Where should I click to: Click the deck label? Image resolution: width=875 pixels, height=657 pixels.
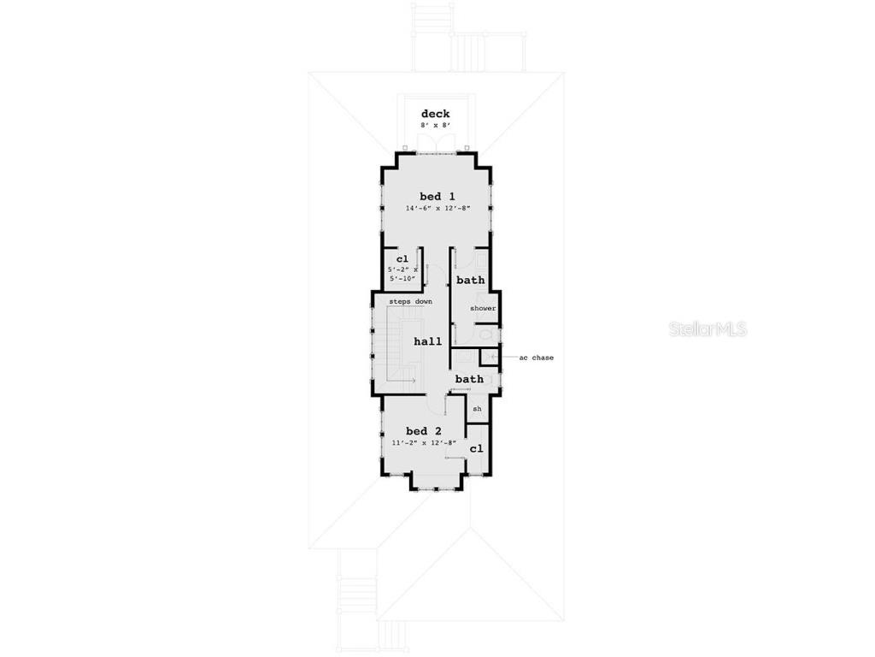(435, 114)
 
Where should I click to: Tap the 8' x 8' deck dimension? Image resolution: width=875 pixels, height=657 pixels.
(435, 126)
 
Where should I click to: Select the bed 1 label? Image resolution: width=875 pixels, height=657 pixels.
(437, 196)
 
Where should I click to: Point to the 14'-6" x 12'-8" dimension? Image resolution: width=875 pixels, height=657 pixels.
(438, 209)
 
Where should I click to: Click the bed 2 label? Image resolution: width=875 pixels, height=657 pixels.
(424, 431)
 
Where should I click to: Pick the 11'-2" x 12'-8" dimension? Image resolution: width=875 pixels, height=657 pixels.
(424, 443)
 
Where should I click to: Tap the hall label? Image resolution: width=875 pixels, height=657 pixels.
(427, 341)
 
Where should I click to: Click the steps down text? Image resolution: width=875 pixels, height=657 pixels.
(411, 302)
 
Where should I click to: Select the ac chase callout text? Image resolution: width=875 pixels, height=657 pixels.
(537, 358)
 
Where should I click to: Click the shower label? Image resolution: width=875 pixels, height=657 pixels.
(483, 308)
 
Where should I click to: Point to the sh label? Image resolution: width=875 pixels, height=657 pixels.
(477, 409)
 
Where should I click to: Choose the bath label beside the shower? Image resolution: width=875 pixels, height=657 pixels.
(471, 280)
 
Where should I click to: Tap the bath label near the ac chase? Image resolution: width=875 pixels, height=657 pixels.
(469, 379)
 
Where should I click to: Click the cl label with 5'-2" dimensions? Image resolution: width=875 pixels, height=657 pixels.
(402, 258)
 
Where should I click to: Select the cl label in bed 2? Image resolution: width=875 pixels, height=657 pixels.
(476, 448)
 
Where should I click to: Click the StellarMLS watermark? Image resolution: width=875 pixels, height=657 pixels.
(708, 329)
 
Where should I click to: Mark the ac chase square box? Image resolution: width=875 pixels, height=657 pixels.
(489, 358)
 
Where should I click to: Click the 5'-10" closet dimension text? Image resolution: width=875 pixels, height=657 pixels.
(402, 278)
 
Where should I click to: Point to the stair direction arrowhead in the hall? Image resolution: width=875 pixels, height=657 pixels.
(414, 381)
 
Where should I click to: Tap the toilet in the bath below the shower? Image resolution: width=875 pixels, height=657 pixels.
(486, 334)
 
